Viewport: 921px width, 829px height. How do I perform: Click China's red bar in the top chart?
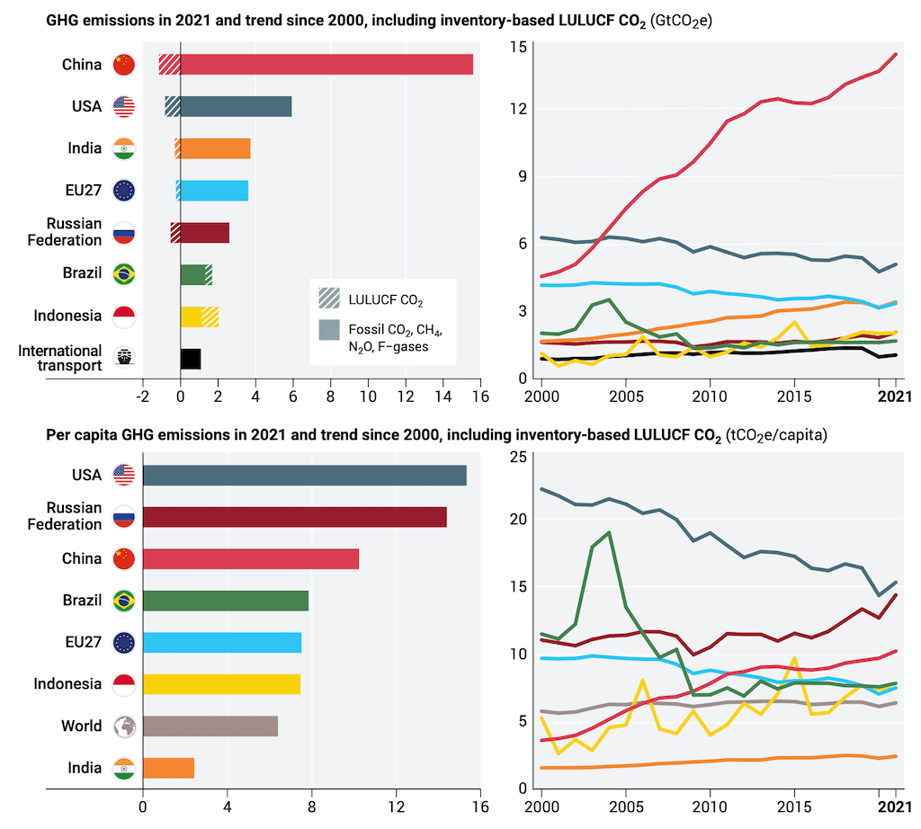(326, 65)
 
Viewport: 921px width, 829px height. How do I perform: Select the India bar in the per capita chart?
(168, 768)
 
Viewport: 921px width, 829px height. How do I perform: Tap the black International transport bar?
(191, 358)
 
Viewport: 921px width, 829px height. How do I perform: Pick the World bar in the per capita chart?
(210, 726)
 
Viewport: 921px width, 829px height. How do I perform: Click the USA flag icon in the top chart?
(123, 106)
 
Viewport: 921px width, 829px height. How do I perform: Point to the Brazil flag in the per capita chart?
(123, 601)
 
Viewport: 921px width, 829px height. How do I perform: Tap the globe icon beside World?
(123, 726)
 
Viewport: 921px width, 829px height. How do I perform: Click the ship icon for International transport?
(123, 358)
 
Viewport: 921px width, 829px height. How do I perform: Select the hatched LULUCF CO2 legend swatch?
(329, 298)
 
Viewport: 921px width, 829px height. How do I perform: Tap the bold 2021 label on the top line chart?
(895, 395)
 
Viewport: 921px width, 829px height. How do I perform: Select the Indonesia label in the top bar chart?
(67, 316)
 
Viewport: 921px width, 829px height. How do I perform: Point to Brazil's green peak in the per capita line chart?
(609, 532)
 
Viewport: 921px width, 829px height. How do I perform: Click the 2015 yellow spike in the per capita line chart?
(794, 658)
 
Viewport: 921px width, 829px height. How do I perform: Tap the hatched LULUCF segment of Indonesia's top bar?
(210, 316)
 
